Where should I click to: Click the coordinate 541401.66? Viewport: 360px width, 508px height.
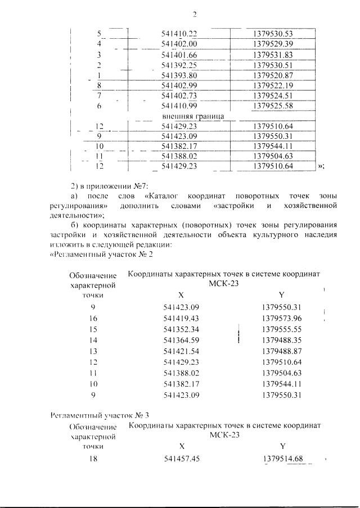tap(179, 55)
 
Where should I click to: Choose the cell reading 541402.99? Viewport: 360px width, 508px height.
tap(179, 85)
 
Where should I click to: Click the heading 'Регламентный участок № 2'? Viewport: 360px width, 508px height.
tap(101, 253)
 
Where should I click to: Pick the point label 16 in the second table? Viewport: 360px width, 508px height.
tap(93, 318)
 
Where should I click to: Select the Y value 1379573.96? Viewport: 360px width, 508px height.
tap(282, 318)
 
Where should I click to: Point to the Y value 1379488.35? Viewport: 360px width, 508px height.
tap(282, 340)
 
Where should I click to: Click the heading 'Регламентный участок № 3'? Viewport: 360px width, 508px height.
tap(100, 415)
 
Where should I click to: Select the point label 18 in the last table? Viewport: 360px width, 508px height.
tap(93, 459)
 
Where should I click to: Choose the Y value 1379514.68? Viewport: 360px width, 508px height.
tap(282, 459)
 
